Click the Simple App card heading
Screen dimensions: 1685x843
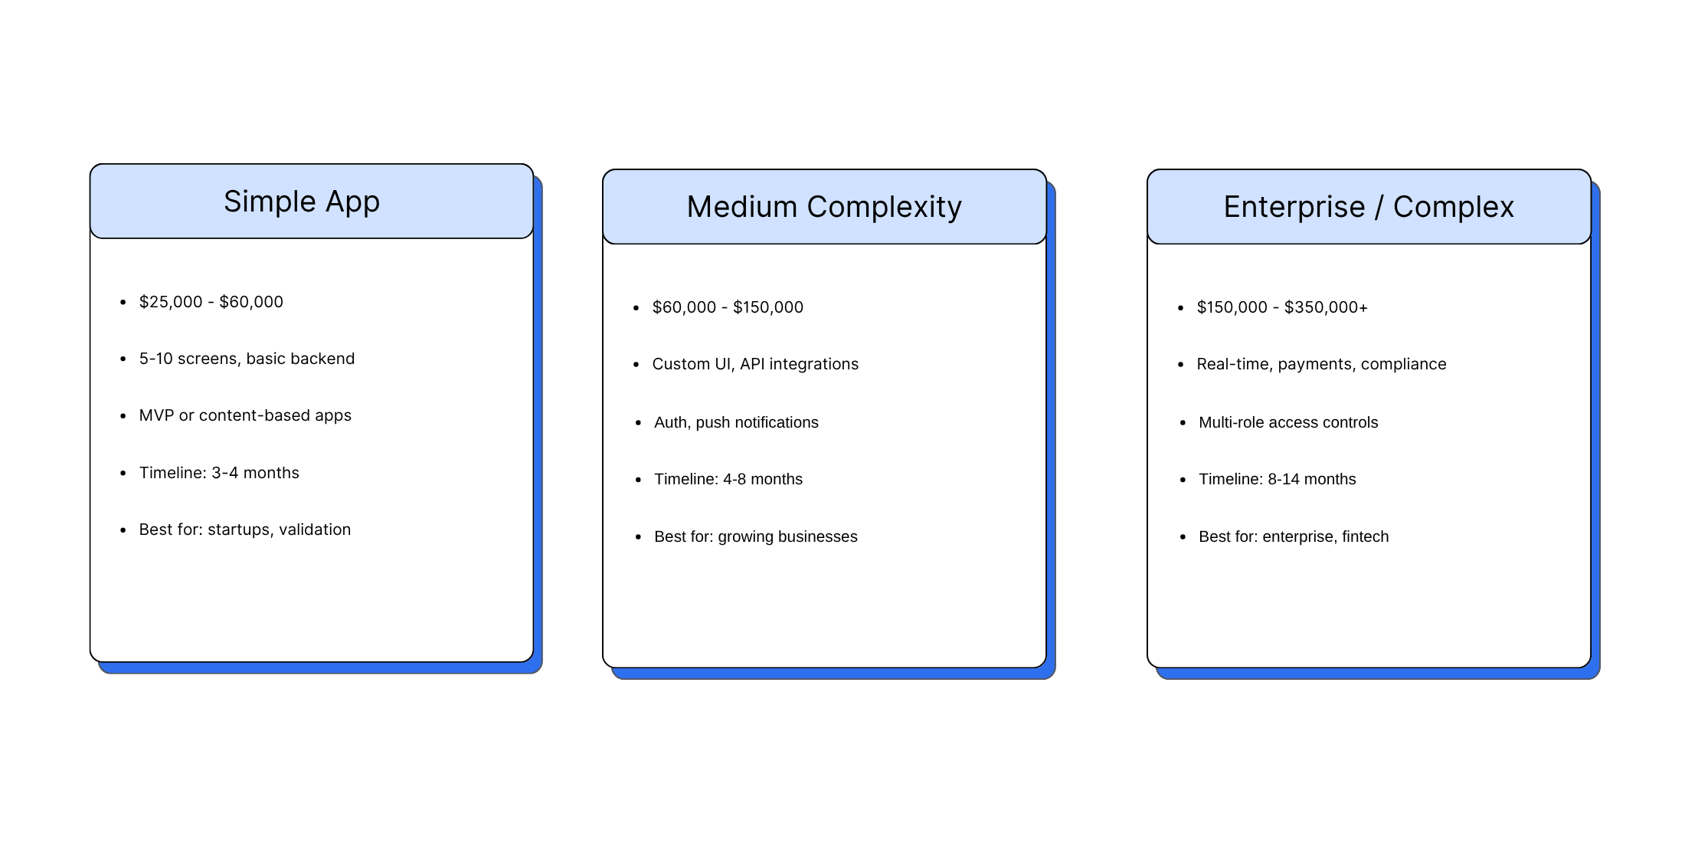302,202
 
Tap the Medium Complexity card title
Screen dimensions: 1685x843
824,207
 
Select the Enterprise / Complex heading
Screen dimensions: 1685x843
1369,207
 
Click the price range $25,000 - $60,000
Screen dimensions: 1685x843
211,302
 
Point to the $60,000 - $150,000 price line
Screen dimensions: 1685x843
728,307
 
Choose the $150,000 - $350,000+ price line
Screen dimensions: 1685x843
1282,307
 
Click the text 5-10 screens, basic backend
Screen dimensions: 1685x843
247,359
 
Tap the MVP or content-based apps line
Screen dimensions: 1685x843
245,415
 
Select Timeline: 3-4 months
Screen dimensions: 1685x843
219,473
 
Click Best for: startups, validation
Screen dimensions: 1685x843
245,530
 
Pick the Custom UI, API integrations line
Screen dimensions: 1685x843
755,364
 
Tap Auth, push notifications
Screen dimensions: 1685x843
736,422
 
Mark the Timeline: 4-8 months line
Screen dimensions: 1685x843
728,479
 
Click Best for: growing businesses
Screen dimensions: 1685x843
756,536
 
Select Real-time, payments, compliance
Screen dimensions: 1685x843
1321,364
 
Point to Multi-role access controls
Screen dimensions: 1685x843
1288,422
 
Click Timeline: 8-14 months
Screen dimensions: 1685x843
1278,479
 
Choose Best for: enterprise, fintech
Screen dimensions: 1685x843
1294,536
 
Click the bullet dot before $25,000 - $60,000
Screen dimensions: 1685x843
123,303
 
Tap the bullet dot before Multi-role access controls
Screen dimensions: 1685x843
1183,423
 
